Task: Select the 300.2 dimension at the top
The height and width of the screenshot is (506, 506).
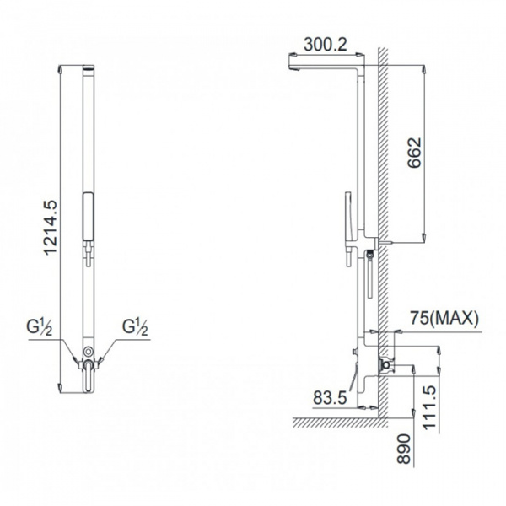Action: (326, 47)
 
